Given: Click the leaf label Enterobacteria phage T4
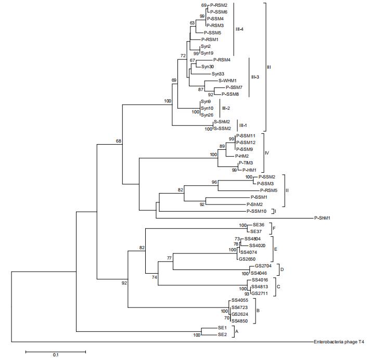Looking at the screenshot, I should click(x=339, y=342).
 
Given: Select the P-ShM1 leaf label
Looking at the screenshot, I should click(x=324, y=218).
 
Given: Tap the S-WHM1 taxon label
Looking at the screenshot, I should click(x=227, y=81).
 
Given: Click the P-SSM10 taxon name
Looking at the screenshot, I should click(x=257, y=211).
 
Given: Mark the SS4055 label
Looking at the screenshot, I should click(x=240, y=301).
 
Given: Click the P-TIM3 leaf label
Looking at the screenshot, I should click(x=246, y=163).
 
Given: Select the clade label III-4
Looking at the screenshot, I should click(x=240, y=29).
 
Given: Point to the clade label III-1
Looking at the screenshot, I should click(x=243, y=125).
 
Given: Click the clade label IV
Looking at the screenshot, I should click(x=266, y=153).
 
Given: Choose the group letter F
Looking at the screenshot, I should click(x=274, y=228).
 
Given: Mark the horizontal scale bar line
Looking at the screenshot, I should click(x=56, y=351).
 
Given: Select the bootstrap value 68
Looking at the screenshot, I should click(x=119, y=141).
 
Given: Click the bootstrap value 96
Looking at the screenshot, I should click(x=214, y=182).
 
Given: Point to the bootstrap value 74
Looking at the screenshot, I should click(x=154, y=278).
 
